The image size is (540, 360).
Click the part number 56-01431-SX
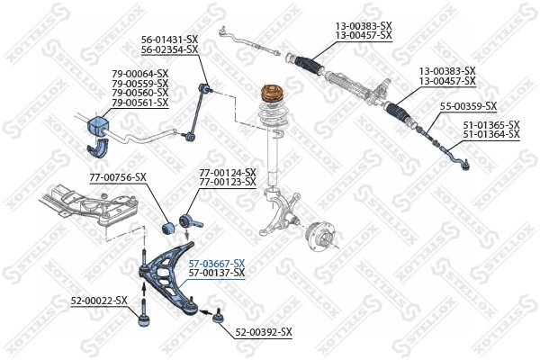pos(169,40)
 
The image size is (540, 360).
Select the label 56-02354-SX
pos(169,49)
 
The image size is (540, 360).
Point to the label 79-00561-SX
pos(139,103)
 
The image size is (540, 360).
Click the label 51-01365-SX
pos(491,125)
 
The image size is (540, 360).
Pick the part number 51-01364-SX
pos(491,134)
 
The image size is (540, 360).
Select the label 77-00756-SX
pos(117,177)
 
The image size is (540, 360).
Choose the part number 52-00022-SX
pos(99,300)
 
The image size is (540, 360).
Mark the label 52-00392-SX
pos(264,332)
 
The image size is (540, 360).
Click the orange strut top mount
pos(270,94)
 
